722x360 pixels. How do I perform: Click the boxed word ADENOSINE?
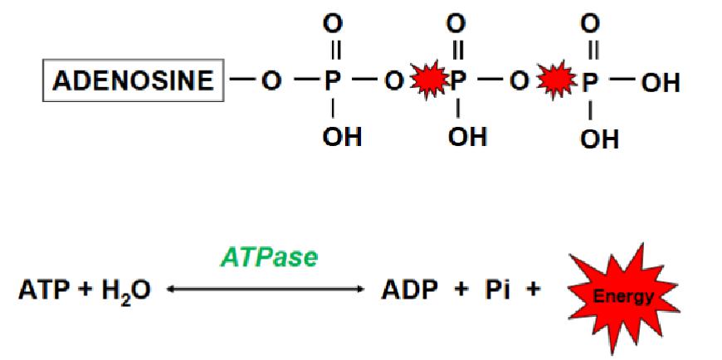pyautogui.click(x=133, y=80)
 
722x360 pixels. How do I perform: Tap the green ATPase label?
pyautogui.click(x=270, y=258)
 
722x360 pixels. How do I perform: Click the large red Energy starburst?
pyautogui.click(x=623, y=299)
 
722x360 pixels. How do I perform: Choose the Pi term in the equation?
pyautogui.click(x=497, y=291)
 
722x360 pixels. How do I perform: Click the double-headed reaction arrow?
pyautogui.click(x=266, y=289)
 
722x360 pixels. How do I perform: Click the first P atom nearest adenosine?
pyautogui.click(x=332, y=81)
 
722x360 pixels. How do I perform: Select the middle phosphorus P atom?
pyautogui.click(x=458, y=81)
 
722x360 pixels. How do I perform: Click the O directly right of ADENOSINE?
pyautogui.click(x=271, y=81)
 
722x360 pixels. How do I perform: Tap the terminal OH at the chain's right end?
pyautogui.click(x=661, y=83)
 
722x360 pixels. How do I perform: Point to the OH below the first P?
pyautogui.click(x=342, y=137)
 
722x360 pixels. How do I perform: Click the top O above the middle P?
pyautogui.click(x=456, y=23)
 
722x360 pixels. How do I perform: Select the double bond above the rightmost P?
pyautogui.click(x=593, y=50)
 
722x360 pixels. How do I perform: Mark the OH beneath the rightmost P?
pyautogui.click(x=599, y=139)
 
